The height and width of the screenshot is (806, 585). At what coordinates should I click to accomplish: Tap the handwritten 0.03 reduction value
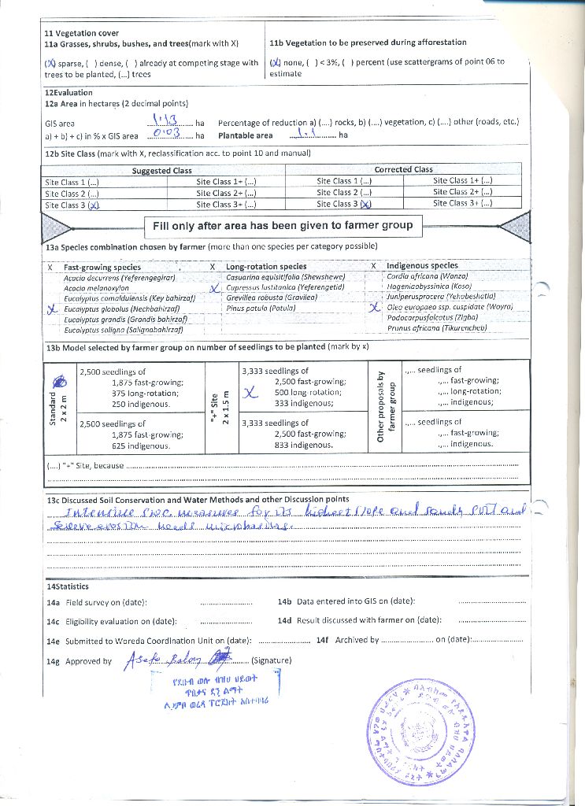(168, 135)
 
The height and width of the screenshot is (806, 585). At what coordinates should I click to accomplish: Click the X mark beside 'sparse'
(50, 63)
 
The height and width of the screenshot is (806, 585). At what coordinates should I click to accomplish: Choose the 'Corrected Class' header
(404, 169)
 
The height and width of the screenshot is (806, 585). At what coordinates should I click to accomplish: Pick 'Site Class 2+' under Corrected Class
(462, 192)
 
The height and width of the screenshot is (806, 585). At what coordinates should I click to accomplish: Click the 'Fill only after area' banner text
(283, 225)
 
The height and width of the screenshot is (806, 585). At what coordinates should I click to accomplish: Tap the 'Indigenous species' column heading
(425, 266)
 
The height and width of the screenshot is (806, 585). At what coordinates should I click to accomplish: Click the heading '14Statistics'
(67, 586)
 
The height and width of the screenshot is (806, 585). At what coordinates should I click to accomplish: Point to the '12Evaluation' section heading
(68, 93)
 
